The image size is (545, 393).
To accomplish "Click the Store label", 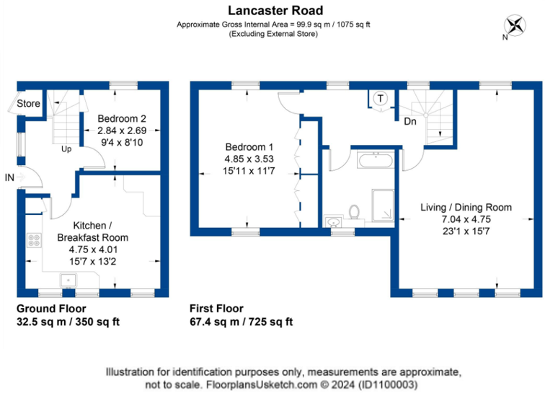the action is click(x=29, y=104).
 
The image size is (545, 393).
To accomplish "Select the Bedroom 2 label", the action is click(x=122, y=120).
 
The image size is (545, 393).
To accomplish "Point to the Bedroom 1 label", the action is click(x=247, y=147).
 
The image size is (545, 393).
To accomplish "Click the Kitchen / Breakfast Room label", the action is click(x=92, y=231).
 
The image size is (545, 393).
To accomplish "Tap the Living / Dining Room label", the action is click(x=466, y=208).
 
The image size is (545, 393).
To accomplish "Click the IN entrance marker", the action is click(x=9, y=177).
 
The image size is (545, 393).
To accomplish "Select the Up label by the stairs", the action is click(x=66, y=149).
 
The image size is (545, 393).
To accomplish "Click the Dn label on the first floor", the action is click(x=409, y=121).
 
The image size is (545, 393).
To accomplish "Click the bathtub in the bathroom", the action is click(x=374, y=159).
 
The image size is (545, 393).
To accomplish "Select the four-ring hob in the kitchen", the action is click(x=35, y=241).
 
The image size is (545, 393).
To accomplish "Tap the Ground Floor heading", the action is click(x=47, y=308).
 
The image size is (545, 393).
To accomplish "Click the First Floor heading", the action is click(x=216, y=308).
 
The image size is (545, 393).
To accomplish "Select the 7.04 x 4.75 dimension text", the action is click(x=466, y=219).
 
